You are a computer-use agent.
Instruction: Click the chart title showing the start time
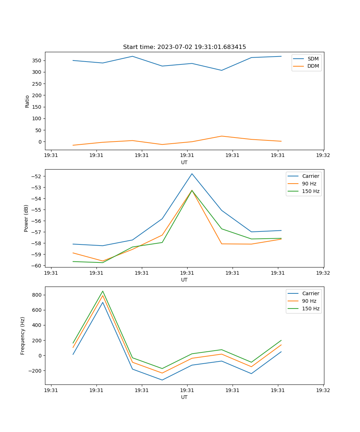click(x=184, y=47)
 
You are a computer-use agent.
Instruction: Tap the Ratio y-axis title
click(x=27, y=101)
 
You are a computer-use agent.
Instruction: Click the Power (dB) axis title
click(x=26, y=218)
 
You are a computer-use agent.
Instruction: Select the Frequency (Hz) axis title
click(x=23, y=336)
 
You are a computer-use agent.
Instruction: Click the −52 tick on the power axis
click(x=37, y=176)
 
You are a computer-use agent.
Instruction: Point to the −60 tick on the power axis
click(x=37, y=265)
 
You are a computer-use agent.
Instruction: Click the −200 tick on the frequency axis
click(x=36, y=371)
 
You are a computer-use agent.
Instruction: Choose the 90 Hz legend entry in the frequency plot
click(x=309, y=301)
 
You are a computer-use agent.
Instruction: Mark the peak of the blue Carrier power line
click(x=192, y=174)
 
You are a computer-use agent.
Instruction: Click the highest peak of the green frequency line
click(x=103, y=291)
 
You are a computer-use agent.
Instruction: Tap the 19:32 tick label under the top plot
click(x=323, y=155)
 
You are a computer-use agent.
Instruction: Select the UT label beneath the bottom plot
click(x=184, y=397)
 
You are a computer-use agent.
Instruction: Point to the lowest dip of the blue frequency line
click(x=162, y=380)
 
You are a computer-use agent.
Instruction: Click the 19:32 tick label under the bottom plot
click(x=323, y=390)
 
